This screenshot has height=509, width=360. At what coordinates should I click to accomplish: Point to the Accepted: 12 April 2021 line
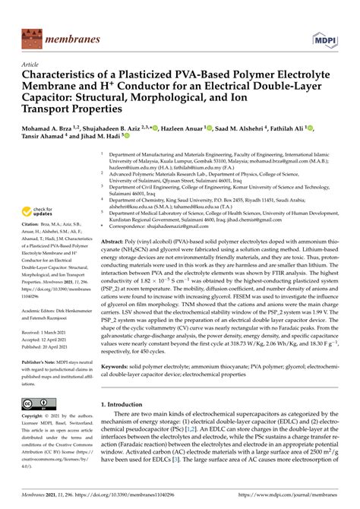click(45, 341)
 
